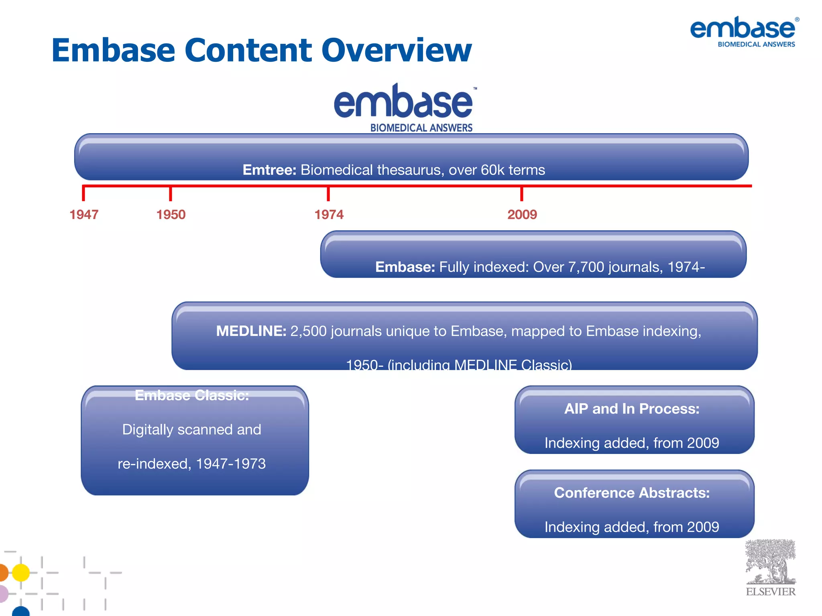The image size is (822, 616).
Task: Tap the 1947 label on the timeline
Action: coord(84,215)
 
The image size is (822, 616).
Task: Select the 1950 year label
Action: coord(171,215)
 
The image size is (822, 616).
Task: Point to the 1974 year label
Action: coord(329,215)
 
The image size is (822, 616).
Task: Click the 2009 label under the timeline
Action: coord(522,215)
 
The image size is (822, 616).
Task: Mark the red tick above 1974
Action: coord(328,194)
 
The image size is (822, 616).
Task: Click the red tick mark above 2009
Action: coord(522,194)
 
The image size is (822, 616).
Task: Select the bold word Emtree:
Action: coord(269,170)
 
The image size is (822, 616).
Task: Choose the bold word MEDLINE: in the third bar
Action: coord(251,331)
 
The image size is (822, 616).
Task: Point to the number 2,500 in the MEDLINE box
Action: coord(308,331)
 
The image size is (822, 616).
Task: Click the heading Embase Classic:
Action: coord(192,395)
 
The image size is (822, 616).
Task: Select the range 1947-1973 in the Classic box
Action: coord(231,464)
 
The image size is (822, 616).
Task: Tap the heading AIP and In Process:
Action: coord(632,409)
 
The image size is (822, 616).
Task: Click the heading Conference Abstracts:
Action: coord(632,493)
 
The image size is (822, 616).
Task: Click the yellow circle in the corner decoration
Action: coord(21,573)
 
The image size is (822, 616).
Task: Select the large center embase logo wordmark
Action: coord(403,102)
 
